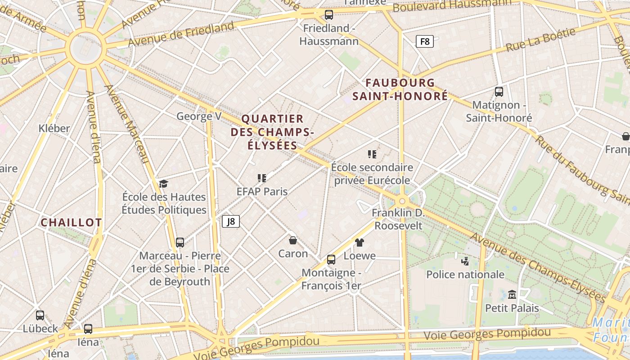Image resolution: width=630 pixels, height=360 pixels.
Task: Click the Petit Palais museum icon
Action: pyautogui.click(x=512, y=294)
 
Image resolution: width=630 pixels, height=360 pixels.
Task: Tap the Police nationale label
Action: pyautogui.click(x=465, y=274)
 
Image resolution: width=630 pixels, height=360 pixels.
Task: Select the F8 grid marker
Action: pyautogui.click(x=424, y=42)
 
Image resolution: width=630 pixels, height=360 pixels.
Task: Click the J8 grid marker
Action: pyautogui.click(x=230, y=221)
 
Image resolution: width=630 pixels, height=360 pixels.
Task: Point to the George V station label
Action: pyautogui.click(x=199, y=117)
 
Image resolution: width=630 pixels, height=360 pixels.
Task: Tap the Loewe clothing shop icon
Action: pyautogui.click(x=359, y=243)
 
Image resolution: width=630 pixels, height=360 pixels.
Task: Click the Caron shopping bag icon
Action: pyautogui.click(x=292, y=240)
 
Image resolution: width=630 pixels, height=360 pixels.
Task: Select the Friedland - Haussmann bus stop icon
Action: pyautogui.click(x=329, y=15)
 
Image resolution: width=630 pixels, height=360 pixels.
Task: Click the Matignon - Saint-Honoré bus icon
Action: pyautogui.click(x=499, y=92)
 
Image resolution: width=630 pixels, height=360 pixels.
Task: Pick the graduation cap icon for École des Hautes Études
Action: pyautogui.click(x=163, y=184)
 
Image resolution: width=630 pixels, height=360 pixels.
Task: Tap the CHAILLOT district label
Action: pyautogui.click(x=71, y=222)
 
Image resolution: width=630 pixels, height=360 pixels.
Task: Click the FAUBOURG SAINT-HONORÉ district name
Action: pyautogui.click(x=400, y=90)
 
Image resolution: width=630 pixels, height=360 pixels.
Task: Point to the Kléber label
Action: pyautogui.click(x=54, y=128)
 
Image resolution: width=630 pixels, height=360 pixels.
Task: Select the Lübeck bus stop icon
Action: pyautogui.click(x=40, y=315)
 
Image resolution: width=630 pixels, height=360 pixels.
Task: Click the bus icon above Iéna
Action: pyautogui.click(x=88, y=329)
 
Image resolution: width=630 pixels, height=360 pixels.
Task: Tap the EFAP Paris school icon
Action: pyautogui.click(x=262, y=178)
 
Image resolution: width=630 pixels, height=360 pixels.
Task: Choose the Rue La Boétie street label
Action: pyautogui.click(x=540, y=40)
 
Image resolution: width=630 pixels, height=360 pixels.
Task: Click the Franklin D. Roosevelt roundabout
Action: pyautogui.click(x=402, y=201)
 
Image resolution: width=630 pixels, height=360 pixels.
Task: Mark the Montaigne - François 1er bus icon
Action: pyautogui.click(x=331, y=260)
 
